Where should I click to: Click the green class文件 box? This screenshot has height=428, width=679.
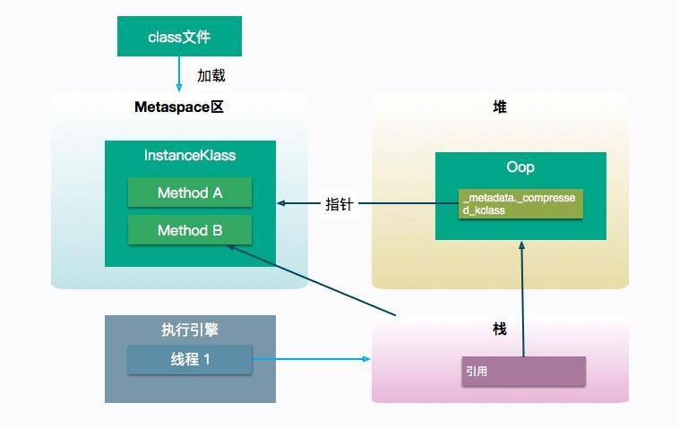180,38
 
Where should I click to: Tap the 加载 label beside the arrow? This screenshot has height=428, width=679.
211,75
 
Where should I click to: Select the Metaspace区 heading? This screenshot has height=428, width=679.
177,107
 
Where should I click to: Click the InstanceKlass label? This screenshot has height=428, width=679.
190,155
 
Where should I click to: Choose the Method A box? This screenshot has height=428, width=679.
190,193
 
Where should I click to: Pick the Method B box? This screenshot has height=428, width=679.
190,230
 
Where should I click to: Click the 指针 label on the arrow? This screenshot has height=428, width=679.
339,204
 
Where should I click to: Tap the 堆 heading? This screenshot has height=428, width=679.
499,107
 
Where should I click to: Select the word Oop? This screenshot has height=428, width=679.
520,167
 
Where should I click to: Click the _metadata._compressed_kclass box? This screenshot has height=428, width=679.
520,204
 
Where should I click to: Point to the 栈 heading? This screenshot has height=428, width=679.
499,330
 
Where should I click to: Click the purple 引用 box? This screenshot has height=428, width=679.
524,371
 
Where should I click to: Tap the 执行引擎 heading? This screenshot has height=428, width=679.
190,330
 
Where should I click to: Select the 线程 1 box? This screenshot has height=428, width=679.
189,359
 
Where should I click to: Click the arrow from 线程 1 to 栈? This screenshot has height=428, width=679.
310,359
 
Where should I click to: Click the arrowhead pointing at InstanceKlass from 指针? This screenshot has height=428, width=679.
281,203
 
